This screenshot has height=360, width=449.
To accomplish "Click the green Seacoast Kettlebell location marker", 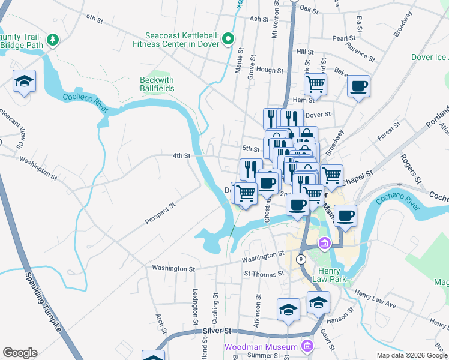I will (228, 40).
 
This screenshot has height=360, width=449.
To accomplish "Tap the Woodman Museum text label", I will (261, 347).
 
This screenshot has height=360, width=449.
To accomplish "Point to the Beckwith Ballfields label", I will (157, 84).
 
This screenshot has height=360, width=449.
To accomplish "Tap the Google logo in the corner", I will (20, 353).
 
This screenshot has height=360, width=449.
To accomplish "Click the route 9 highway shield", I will (302, 259).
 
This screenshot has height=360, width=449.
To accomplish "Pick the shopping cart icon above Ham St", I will (315, 84).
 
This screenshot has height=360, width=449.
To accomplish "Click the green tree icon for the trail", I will (54, 40).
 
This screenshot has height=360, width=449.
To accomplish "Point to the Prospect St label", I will (160, 214).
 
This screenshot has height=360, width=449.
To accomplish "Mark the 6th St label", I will (95, 19).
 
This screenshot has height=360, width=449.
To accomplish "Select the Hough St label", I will (270, 70).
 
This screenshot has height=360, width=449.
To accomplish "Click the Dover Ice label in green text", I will (429, 58).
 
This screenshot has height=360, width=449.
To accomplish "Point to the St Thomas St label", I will (264, 274).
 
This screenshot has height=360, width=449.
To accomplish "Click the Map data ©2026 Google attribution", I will (411, 355).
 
